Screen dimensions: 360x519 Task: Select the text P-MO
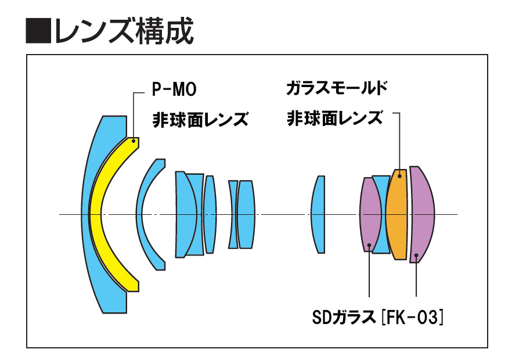point(174,90)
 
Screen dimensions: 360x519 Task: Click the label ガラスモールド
point(337,89)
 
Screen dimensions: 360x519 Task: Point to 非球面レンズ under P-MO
point(200,120)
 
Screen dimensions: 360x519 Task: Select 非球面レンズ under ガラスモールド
point(335,118)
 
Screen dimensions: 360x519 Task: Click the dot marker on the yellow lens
point(134,140)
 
